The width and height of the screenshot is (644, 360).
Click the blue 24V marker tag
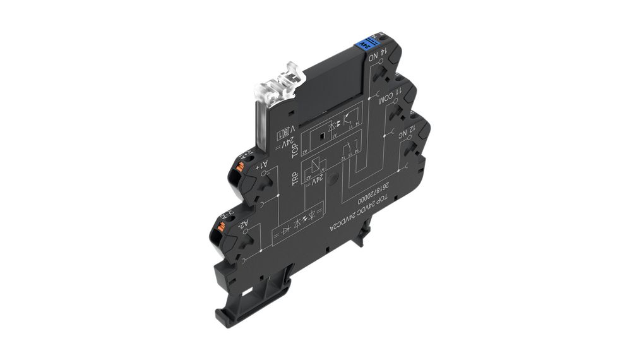click(363, 45)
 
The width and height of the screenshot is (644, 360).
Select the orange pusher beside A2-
click(222, 223)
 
